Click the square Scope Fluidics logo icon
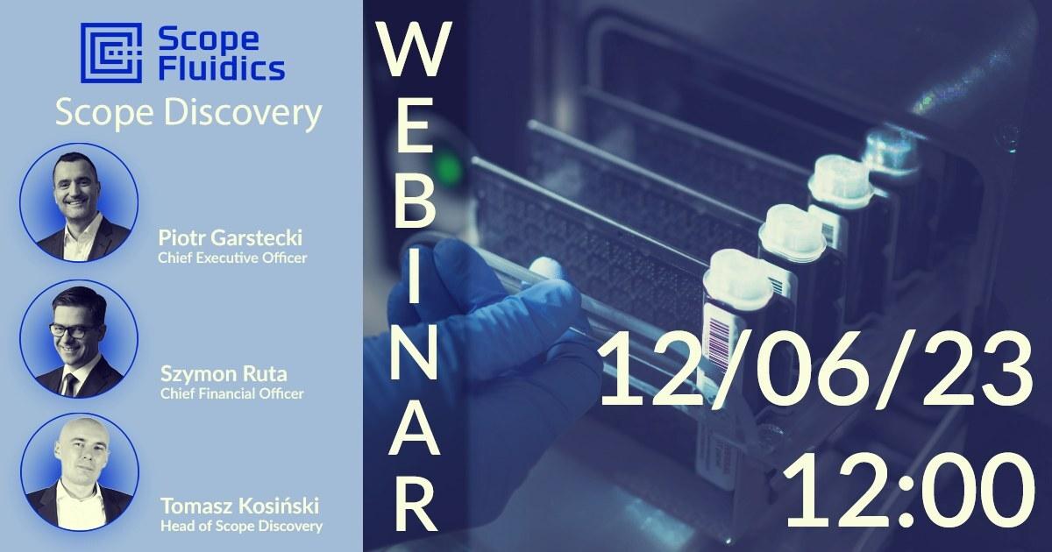110,53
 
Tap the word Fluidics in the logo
221,68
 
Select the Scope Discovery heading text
188,114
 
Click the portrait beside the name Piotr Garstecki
79,202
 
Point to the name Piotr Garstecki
230,238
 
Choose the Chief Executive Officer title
232,258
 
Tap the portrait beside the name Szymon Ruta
79,338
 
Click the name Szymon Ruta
224,374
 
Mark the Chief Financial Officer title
232,393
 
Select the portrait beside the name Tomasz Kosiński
80,472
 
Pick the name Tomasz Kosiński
240,506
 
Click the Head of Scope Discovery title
241,527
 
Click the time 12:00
910,491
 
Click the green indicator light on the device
449,166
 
